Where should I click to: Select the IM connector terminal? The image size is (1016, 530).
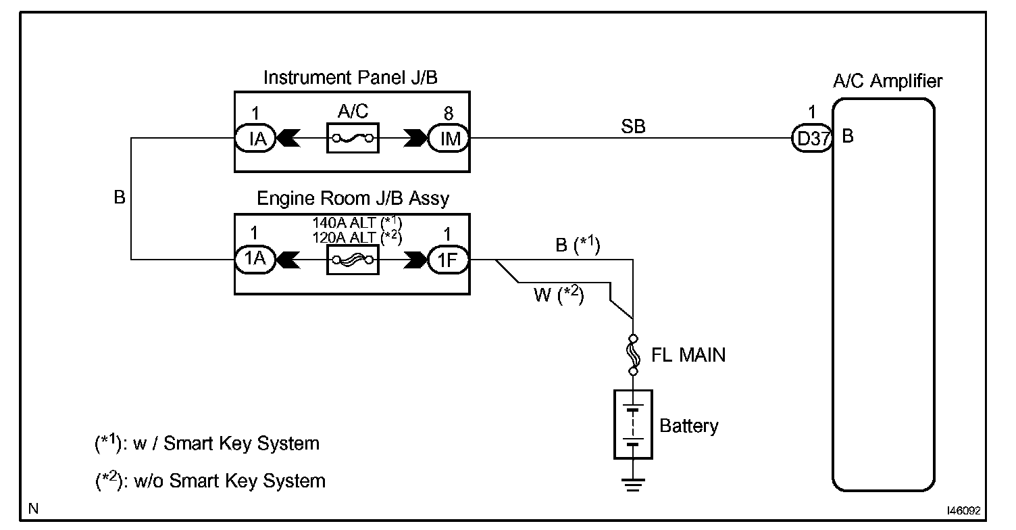449,141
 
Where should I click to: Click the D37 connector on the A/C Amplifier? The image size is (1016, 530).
811,141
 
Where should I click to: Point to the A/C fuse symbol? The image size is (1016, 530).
351,141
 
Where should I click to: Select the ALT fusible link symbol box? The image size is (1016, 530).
351,260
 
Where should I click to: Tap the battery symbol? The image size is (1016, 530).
633,424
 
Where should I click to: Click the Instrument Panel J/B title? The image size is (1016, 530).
350,78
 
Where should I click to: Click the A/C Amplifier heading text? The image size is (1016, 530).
888,82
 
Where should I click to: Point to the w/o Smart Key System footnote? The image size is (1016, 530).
210,481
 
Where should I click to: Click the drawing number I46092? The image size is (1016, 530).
963,511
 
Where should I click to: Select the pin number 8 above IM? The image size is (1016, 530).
449,112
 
